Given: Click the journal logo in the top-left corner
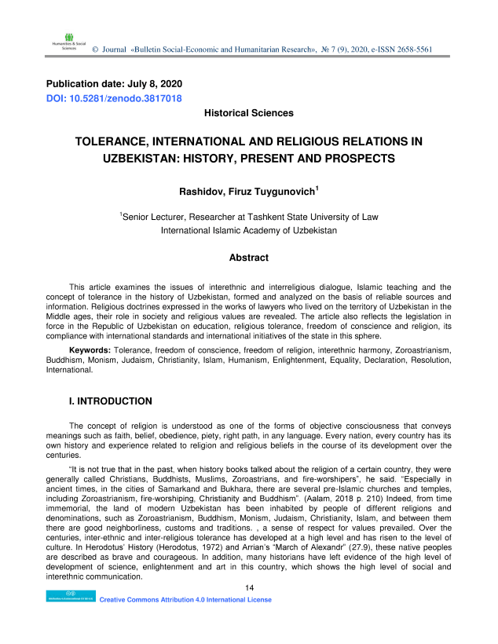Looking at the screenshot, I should pyautogui.click(x=63, y=42).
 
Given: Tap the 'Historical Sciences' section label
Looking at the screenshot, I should pyautogui.click(x=248, y=113).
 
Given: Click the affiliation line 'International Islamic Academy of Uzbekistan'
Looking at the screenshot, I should pyautogui.click(x=248, y=231).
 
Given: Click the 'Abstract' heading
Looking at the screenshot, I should pyautogui.click(x=248, y=258).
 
